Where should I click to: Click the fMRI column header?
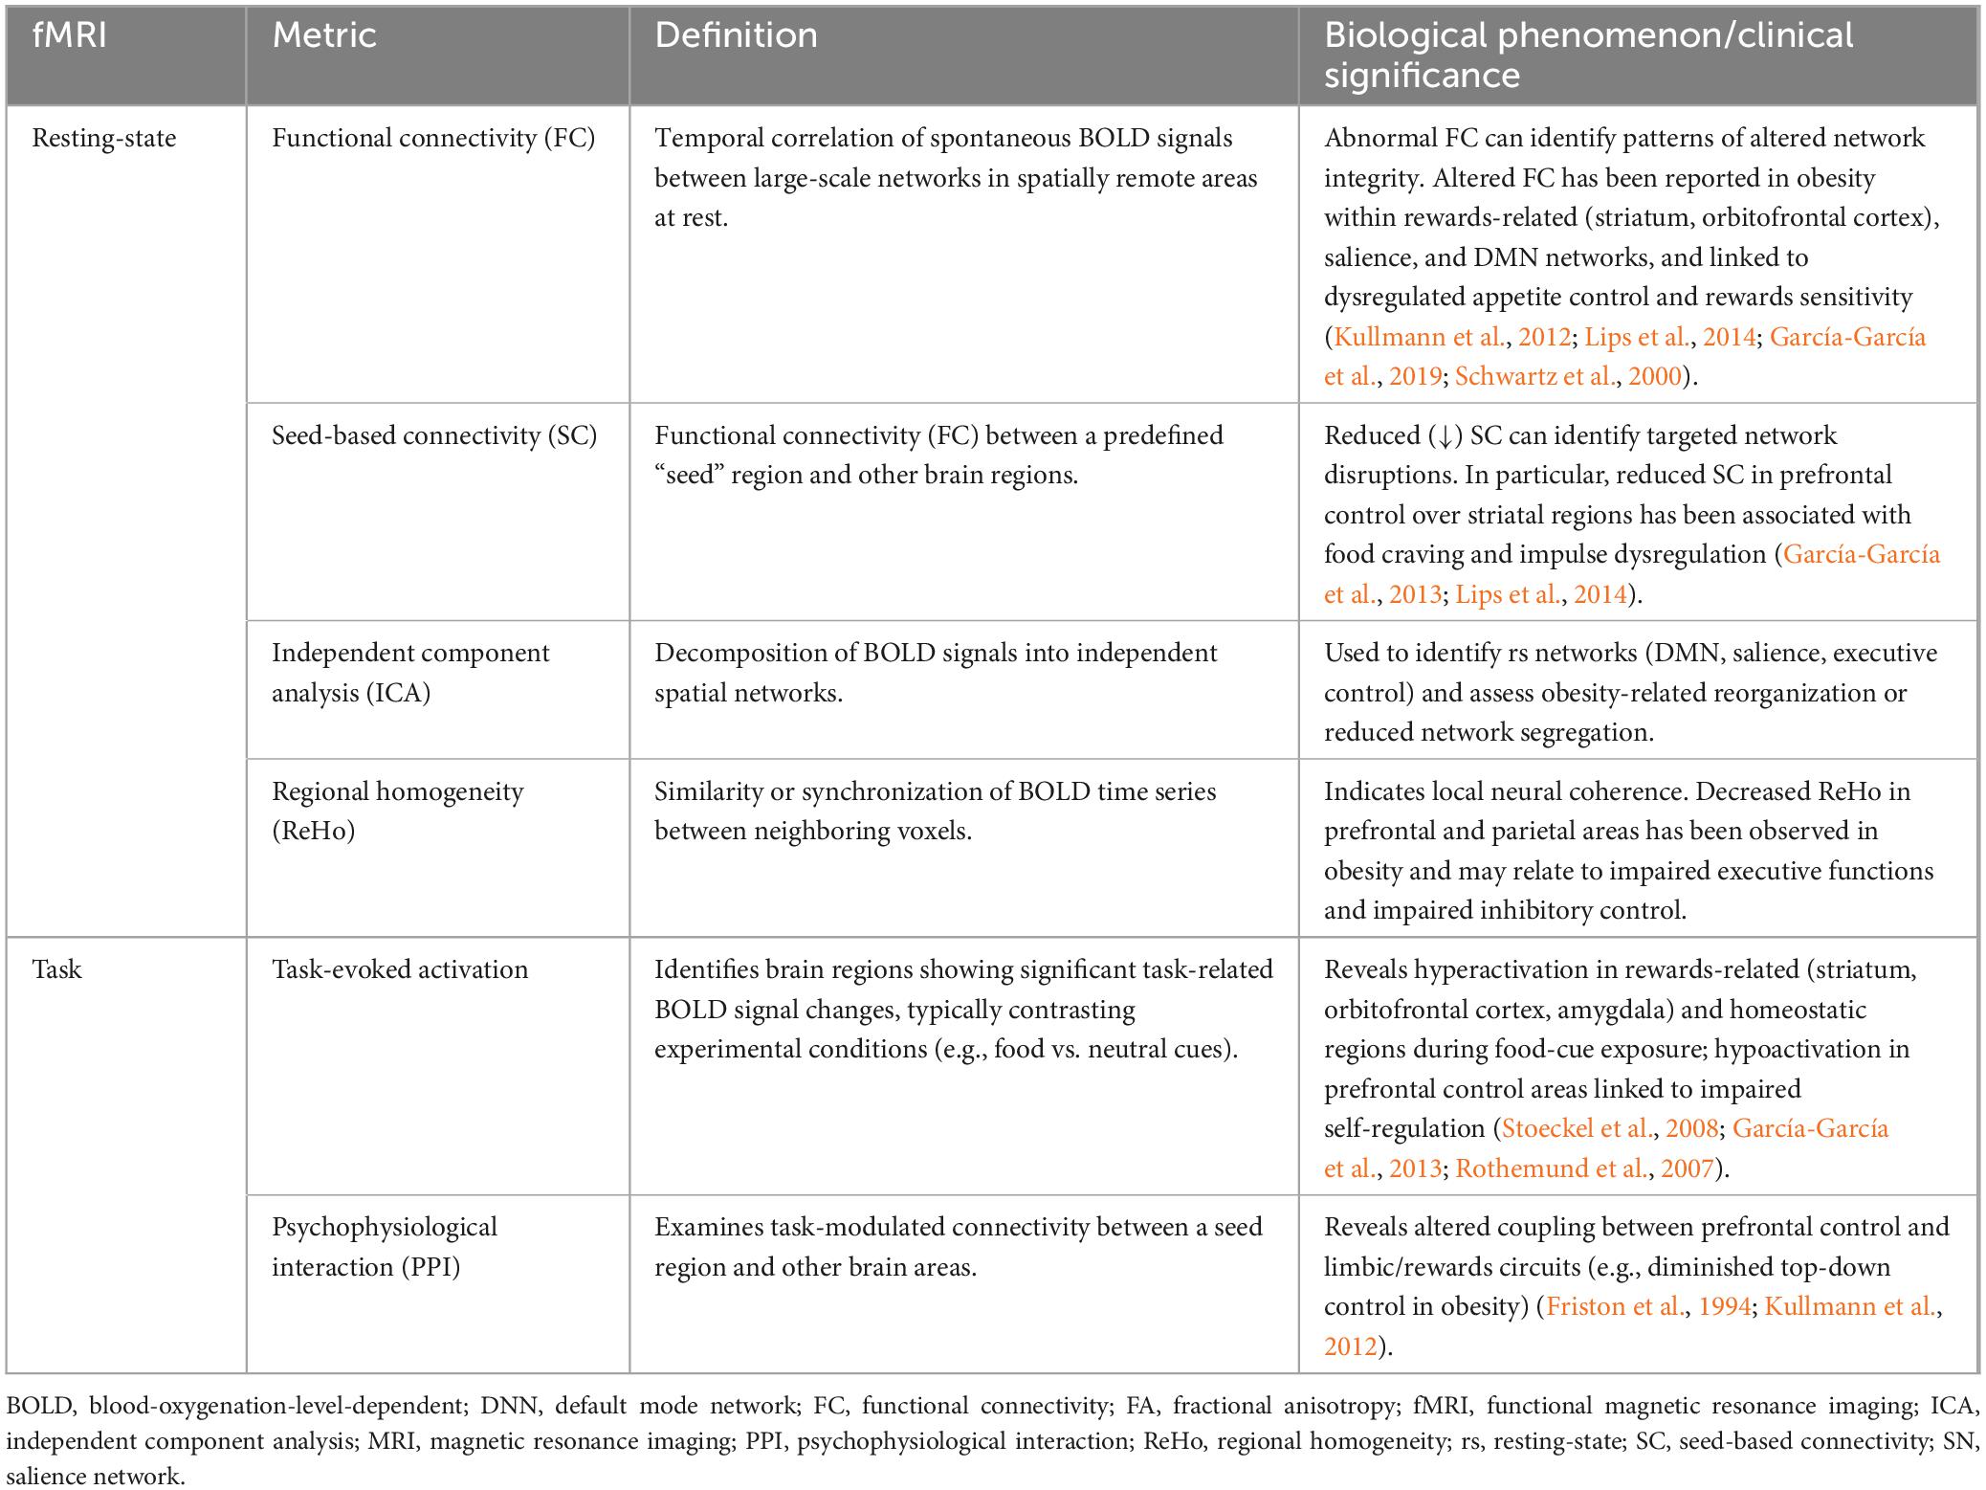[x=69, y=35]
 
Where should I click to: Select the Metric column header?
[x=324, y=35]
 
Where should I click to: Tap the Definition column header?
[x=736, y=35]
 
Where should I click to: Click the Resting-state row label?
[x=104, y=139]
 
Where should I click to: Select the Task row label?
[x=56, y=969]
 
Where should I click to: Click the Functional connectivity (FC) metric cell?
[x=433, y=139]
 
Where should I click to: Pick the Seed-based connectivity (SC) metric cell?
[x=433, y=436]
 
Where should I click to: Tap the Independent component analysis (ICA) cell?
[x=410, y=673]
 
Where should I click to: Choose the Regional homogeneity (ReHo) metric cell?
[x=397, y=811]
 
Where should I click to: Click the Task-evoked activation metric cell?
[x=400, y=969]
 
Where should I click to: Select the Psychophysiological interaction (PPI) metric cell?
[x=385, y=1247]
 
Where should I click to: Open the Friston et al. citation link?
[x=1616, y=1306]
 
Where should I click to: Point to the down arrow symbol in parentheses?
[x=1440, y=436]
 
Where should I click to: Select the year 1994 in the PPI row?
[x=1725, y=1306]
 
